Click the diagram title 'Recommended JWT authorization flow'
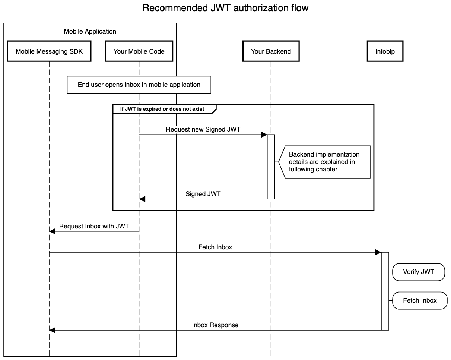click(x=225, y=8)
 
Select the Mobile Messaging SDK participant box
click(x=49, y=51)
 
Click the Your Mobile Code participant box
click(x=139, y=51)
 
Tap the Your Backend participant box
click(x=271, y=51)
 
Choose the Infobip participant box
click(x=385, y=51)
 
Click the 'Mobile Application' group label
click(x=90, y=31)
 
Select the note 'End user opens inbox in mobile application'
click(x=139, y=85)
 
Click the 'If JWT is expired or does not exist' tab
click(x=162, y=109)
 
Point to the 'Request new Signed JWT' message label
click(x=203, y=129)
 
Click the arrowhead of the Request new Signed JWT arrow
click(x=264, y=135)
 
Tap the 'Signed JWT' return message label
click(x=203, y=194)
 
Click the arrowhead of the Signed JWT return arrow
click(x=142, y=199)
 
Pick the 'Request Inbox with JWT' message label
click(x=94, y=226)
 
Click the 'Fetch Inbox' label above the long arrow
click(x=215, y=247)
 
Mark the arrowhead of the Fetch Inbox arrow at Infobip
click(x=378, y=252)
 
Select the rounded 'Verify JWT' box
click(x=419, y=272)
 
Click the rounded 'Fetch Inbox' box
click(x=420, y=300)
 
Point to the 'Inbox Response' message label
click(x=215, y=325)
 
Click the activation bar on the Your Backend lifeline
click(x=271, y=167)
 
